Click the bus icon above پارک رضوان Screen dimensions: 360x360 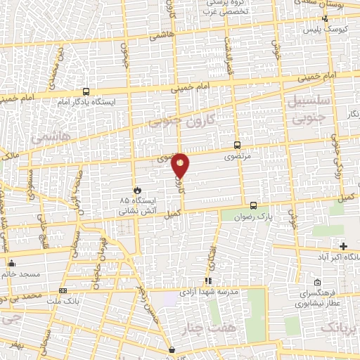coord(253,206)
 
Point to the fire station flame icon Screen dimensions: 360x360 coord(138,190)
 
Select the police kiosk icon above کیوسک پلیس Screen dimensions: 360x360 coord(324,19)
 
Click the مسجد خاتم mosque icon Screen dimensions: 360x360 coord(11,264)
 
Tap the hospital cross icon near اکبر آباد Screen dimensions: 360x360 coord(343,246)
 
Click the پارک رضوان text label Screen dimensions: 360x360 coord(254,217)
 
